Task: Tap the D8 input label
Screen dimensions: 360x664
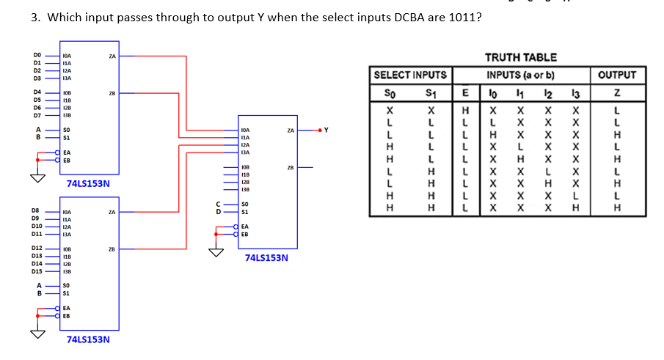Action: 36,210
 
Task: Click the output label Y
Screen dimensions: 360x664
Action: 326,131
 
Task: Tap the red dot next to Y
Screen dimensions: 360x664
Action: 319,131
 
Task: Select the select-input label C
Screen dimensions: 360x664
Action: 217,205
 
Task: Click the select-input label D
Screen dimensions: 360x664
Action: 217,211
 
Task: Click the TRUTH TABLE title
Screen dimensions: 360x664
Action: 521,57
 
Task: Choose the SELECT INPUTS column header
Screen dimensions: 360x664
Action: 410,75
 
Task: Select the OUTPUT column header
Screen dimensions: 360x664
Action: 617,75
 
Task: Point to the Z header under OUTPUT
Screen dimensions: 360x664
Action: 617,92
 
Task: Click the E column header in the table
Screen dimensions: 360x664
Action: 464,92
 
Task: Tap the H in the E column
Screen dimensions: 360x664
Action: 464,109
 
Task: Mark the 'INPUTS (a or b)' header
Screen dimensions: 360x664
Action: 520,75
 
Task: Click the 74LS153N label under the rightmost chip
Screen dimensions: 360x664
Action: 266,258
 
